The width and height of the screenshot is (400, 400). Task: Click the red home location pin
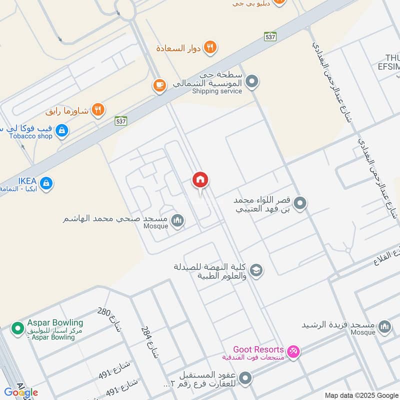click(200, 179)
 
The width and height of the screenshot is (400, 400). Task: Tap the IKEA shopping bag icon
click(46, 183)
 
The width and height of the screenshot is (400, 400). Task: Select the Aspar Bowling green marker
click(18, 328)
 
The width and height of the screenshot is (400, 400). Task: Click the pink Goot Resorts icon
click(294, 351)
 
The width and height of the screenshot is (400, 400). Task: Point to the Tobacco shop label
click(30, 136)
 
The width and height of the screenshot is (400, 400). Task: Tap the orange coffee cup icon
click(159, 85)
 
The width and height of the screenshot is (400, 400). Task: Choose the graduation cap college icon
click(256, 270)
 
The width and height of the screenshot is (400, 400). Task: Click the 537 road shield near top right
click(270, 36)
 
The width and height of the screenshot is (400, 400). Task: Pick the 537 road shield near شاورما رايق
click(120, 120)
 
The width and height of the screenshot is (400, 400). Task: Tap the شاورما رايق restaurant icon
click(98, 109)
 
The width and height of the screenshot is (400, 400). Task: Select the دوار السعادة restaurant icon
click(210, 48)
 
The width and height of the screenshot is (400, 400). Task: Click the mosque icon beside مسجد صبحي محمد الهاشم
click(177, 220)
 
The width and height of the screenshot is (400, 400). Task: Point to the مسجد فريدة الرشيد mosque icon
click(384, 327)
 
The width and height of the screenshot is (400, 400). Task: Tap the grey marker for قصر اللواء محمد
click(300, 203)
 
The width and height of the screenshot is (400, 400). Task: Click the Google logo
click(21, 392)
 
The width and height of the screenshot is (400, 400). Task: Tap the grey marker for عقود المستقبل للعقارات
click(245, 378)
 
